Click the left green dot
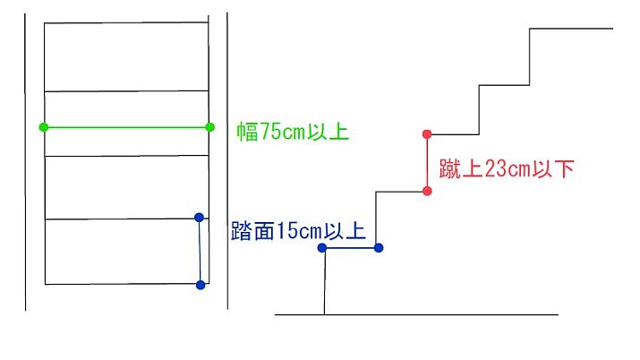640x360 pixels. [x=44, y=127]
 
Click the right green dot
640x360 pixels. [x=210, y=127]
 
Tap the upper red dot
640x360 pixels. [x=427, y=134]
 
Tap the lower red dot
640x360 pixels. [x=427, y=191]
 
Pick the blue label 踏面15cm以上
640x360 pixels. [x=298, y=230]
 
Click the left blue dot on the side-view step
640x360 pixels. [x=323, y=247]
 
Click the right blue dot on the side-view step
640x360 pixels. [x=378, y=247]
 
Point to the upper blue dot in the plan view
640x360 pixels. [x=199, y=217]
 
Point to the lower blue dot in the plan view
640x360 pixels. [x=200, y=285]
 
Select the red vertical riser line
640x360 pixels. [x=427, y=162]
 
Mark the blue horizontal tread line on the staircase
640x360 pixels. [x=350, y=247]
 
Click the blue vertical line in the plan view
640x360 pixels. [x=200, y=251]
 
